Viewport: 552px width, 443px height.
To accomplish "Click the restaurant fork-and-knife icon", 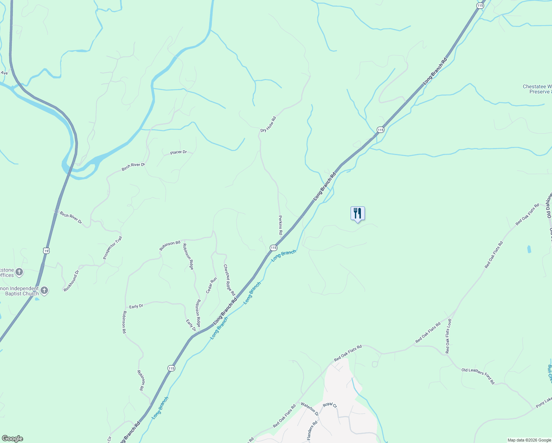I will click(357, 213).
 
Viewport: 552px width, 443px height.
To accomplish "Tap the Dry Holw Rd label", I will click(268, 125).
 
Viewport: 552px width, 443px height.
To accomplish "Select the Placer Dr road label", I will click(179, 152).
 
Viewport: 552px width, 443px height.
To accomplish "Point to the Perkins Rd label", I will click(280, 225).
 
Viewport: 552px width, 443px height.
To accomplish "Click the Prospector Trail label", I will click(113, 248).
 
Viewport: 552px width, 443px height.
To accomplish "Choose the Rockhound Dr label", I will click(71, 281).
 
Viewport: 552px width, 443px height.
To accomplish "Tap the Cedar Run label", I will click(211, 285).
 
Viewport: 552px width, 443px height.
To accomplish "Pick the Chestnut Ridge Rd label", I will click(229, 280).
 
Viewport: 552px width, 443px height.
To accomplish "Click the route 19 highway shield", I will click(46, 251).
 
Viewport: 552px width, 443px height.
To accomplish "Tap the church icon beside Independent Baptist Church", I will click(44, 290).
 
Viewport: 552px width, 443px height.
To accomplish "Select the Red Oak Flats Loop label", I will click(448, 336).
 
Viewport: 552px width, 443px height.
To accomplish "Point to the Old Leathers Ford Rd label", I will click(478, 376).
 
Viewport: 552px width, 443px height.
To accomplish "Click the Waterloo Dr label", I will click(309, 409).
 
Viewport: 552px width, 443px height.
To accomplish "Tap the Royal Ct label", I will click(330, 405).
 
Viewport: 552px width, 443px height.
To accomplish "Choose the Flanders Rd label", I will click(312, 430).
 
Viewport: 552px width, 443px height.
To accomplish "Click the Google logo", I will click(12, 439).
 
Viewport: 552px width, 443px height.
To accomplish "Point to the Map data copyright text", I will click(529, 440).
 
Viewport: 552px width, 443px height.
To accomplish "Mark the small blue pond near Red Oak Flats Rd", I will click(529, 249).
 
